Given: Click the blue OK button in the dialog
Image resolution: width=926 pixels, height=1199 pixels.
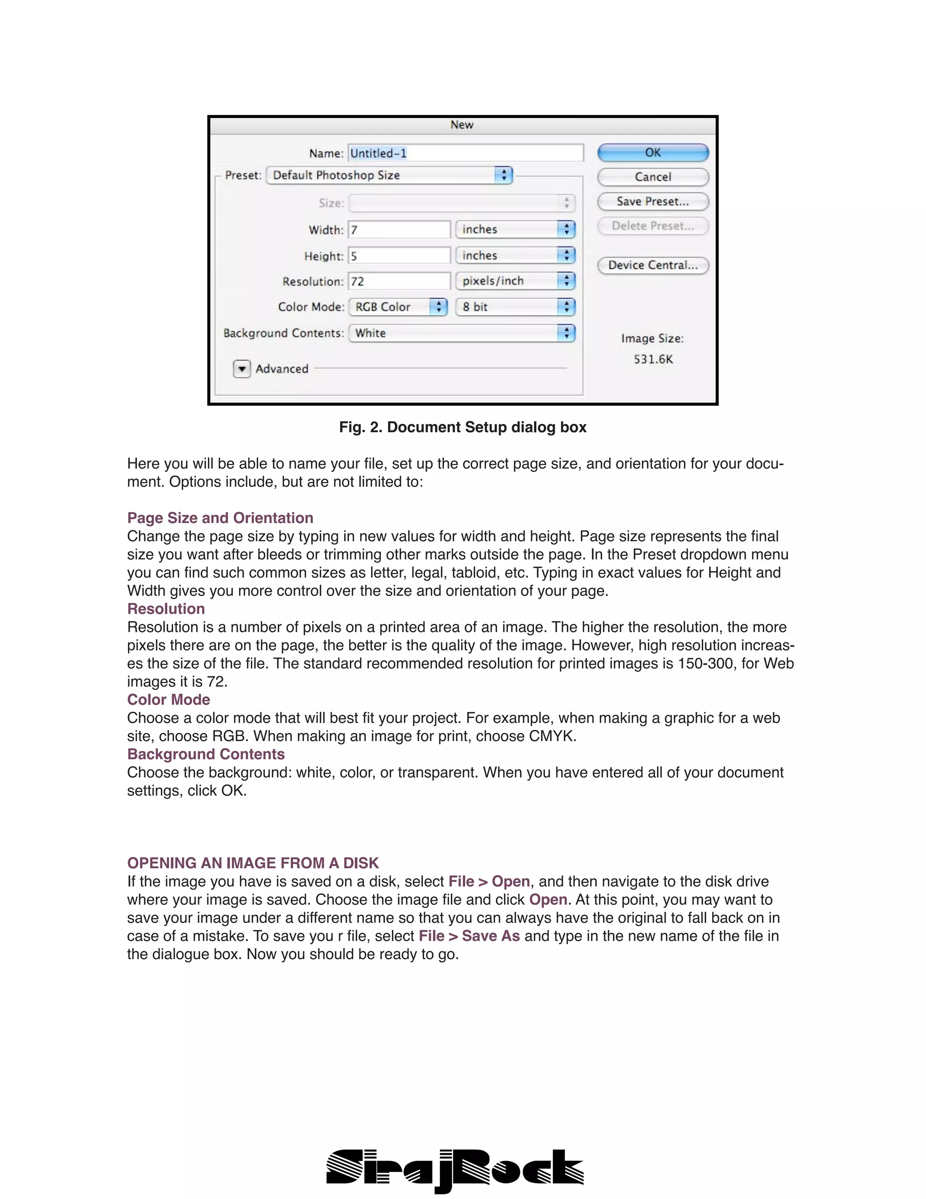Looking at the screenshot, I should tap(653, 152).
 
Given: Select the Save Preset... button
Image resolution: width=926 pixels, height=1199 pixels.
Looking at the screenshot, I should tap(653, 201).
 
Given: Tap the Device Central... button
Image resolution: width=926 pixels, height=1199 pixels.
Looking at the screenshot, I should tap(653, 265).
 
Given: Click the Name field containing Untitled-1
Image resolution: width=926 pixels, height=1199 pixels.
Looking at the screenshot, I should tap(466, 153).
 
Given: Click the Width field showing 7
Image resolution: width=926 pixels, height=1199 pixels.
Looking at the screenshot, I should tap(399, 229).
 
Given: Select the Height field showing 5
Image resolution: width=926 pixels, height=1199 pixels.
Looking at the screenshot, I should tap(399, 256).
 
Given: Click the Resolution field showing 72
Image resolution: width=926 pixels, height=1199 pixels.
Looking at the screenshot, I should tap(399, 281).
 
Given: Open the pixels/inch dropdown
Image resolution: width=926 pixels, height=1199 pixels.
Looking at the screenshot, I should tap(515, 281).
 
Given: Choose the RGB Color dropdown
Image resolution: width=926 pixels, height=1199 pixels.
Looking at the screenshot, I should tap(398, 307).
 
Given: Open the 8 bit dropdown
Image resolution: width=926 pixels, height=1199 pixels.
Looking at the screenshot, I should tap(515, 307).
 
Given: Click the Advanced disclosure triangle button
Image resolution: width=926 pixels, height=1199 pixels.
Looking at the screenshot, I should tap(242, 369).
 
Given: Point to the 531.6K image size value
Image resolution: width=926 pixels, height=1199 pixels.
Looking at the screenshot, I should tap(653, 359).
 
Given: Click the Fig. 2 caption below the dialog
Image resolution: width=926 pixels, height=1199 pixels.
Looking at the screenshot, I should tap(463, 427).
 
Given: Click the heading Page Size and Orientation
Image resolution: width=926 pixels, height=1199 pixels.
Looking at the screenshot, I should tap(220, 518).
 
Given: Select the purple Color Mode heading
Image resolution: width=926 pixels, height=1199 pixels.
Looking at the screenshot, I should tap(168, 699).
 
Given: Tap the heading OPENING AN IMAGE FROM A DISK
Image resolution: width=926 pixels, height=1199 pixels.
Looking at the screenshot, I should tap(253, 863).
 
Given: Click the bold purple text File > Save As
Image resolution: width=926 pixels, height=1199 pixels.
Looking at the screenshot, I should tap(469, 936).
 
